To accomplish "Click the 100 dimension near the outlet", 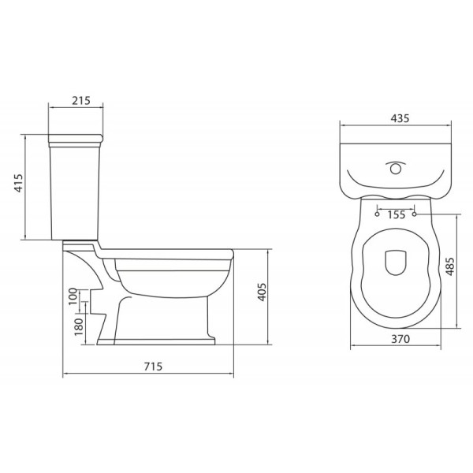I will coord(73,297).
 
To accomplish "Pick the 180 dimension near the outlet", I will coord(77,326).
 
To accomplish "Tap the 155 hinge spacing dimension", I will coord(396,214).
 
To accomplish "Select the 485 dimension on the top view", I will coord(450,269).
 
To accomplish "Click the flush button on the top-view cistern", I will coord(396,168).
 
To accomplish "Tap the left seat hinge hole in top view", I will coord(378,213).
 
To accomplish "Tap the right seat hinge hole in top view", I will coord(415,213).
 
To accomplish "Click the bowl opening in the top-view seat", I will coord(395,263).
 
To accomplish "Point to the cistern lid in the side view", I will coord(76,142).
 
